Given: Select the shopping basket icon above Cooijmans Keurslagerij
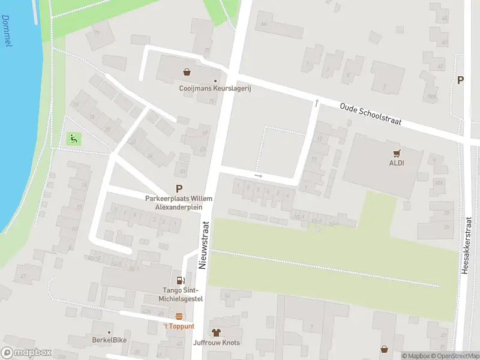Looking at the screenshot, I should [187, 72].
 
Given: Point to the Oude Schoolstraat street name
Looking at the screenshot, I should [370, 113].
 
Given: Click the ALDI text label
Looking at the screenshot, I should [396, 163].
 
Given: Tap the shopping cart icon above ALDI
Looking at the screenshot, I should [396, 153].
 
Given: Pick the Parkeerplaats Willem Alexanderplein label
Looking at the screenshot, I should [179, 202].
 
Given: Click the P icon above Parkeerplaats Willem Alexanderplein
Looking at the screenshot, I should [179, 188].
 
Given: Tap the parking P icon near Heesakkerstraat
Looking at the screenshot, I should [461, 80].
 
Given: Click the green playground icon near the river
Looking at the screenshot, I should [73, 139].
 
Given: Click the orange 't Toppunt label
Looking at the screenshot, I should [179, 326].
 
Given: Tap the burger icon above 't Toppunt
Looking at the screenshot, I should [179, 316].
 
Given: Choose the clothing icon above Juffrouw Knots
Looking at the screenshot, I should [216, 332].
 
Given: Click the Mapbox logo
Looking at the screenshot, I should [26, 353].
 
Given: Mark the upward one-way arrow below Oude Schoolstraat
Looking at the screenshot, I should [316, 103].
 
